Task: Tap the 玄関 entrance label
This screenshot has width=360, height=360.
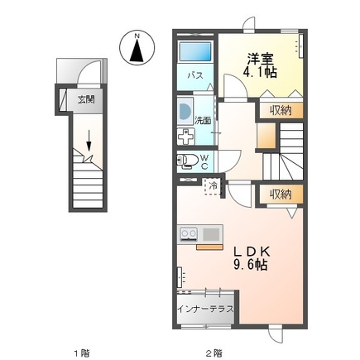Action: point(86,100)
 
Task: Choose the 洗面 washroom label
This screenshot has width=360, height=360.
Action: point(203,120)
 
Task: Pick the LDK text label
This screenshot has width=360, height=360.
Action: point(249,251)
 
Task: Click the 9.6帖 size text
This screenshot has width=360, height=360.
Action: point(249,266)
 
